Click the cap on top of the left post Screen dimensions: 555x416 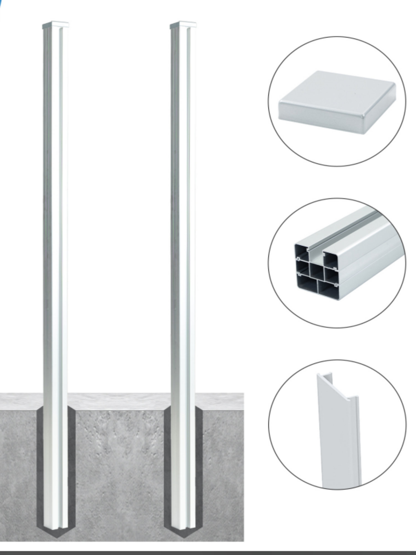[55, 25]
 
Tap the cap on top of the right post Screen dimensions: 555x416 [183, 25]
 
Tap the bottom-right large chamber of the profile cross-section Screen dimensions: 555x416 [327, 291]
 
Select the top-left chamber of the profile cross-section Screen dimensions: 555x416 [301, 253]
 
